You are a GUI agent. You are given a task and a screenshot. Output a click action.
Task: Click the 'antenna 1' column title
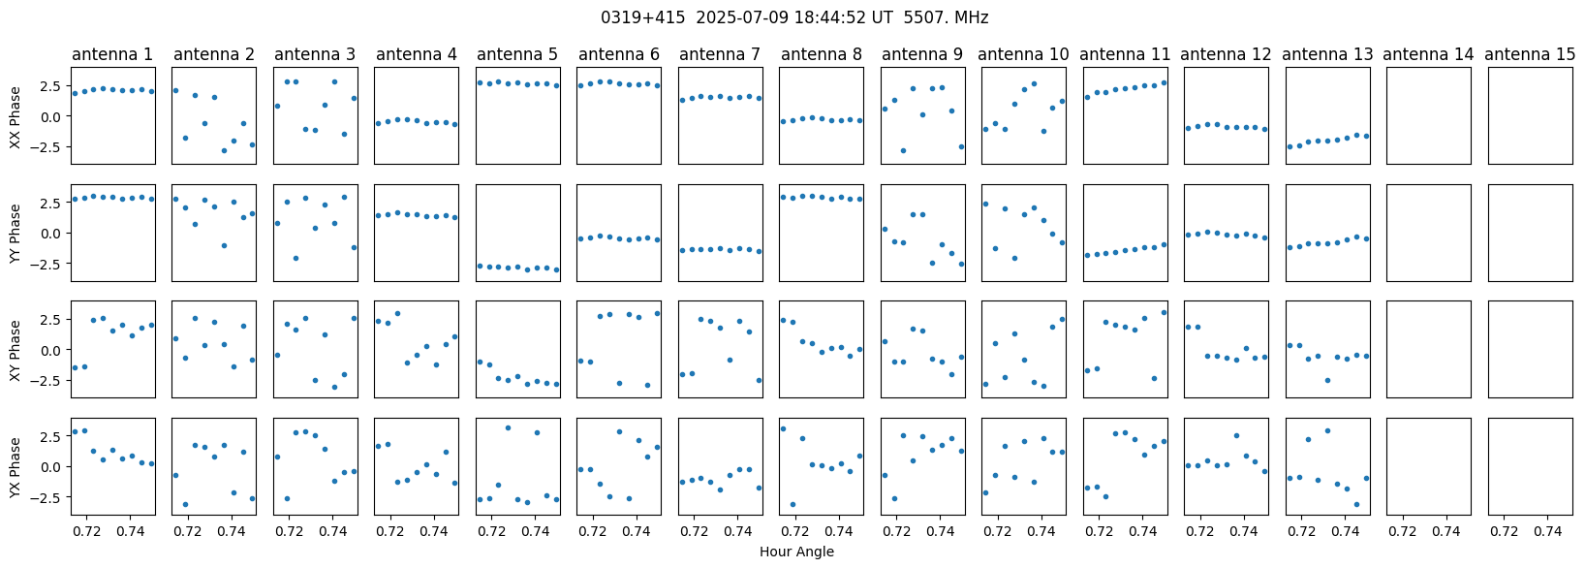pyautogui.click(x=112, y=54)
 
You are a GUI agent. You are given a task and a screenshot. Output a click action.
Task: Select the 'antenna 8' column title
pyautogui.click(x=822, y=54)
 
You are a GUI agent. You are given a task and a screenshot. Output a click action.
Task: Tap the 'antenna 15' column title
pyautogui.click(x=1530, y=54)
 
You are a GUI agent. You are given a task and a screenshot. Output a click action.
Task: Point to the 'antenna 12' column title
pyautogui.click(x=1227, y=54)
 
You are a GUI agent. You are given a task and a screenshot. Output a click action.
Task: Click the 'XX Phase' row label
pyautogui.click(x=16, y=116)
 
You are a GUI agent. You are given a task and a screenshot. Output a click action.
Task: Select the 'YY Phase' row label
pyautogui.click(x=16, y=234)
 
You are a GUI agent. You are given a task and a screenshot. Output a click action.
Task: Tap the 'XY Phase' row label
pyautogui.click(x=16, y=351)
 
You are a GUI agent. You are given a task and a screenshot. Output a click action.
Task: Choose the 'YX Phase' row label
pyautogui.click(x=16, y=467)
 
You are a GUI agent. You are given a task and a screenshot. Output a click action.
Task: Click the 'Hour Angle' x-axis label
pyautogui.click(x=796, y=552)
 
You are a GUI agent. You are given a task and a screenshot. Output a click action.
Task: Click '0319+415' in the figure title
pyautogui.click(x=642, y=17)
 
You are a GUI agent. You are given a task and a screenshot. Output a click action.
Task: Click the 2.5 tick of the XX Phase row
pyautogui.click(x=55, y=85)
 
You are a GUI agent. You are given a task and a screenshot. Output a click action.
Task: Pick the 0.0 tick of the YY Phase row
pyautogui.click(x=55, y=234)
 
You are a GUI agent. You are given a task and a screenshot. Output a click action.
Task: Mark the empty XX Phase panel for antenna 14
pyautogui.click(x=1429, y=115)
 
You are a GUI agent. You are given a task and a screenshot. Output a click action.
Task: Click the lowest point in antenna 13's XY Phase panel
pyautogui.click(x=1327, y=380)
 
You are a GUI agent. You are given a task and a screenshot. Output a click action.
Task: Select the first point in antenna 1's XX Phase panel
pyautogui.click(x=75, y=93)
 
